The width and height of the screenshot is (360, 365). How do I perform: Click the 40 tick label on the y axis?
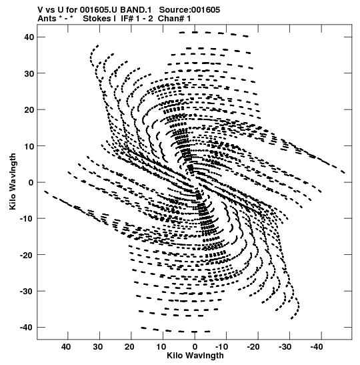pos(29,37)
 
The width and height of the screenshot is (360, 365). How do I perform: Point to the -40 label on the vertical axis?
pos(27,327)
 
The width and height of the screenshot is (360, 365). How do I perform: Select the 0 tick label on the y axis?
pos(31,182)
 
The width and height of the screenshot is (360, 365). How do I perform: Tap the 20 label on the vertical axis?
pos(29,109)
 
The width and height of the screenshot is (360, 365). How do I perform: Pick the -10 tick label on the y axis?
pos(27,219)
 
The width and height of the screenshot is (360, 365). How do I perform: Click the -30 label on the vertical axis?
pos(27,291)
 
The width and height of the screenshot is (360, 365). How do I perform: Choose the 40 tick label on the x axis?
pos(66,347)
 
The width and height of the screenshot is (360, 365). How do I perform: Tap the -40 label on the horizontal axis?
pos(317,347)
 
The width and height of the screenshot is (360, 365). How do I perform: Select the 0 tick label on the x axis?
pos(195,347)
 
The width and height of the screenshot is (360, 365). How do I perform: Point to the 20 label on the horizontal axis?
pos(129,347)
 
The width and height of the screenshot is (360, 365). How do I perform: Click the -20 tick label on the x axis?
pos(253,347)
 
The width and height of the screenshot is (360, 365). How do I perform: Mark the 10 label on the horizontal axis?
pos(161,347)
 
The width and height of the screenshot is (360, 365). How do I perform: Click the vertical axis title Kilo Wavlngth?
pos(13,181)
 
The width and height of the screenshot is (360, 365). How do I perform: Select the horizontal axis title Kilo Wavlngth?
pos(195,356)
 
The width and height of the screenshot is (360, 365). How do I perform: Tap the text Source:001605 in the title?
pos(189,10)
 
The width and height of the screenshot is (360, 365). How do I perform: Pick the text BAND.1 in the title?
pos(136,10)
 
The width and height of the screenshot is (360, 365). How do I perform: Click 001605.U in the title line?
pos(99,10)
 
